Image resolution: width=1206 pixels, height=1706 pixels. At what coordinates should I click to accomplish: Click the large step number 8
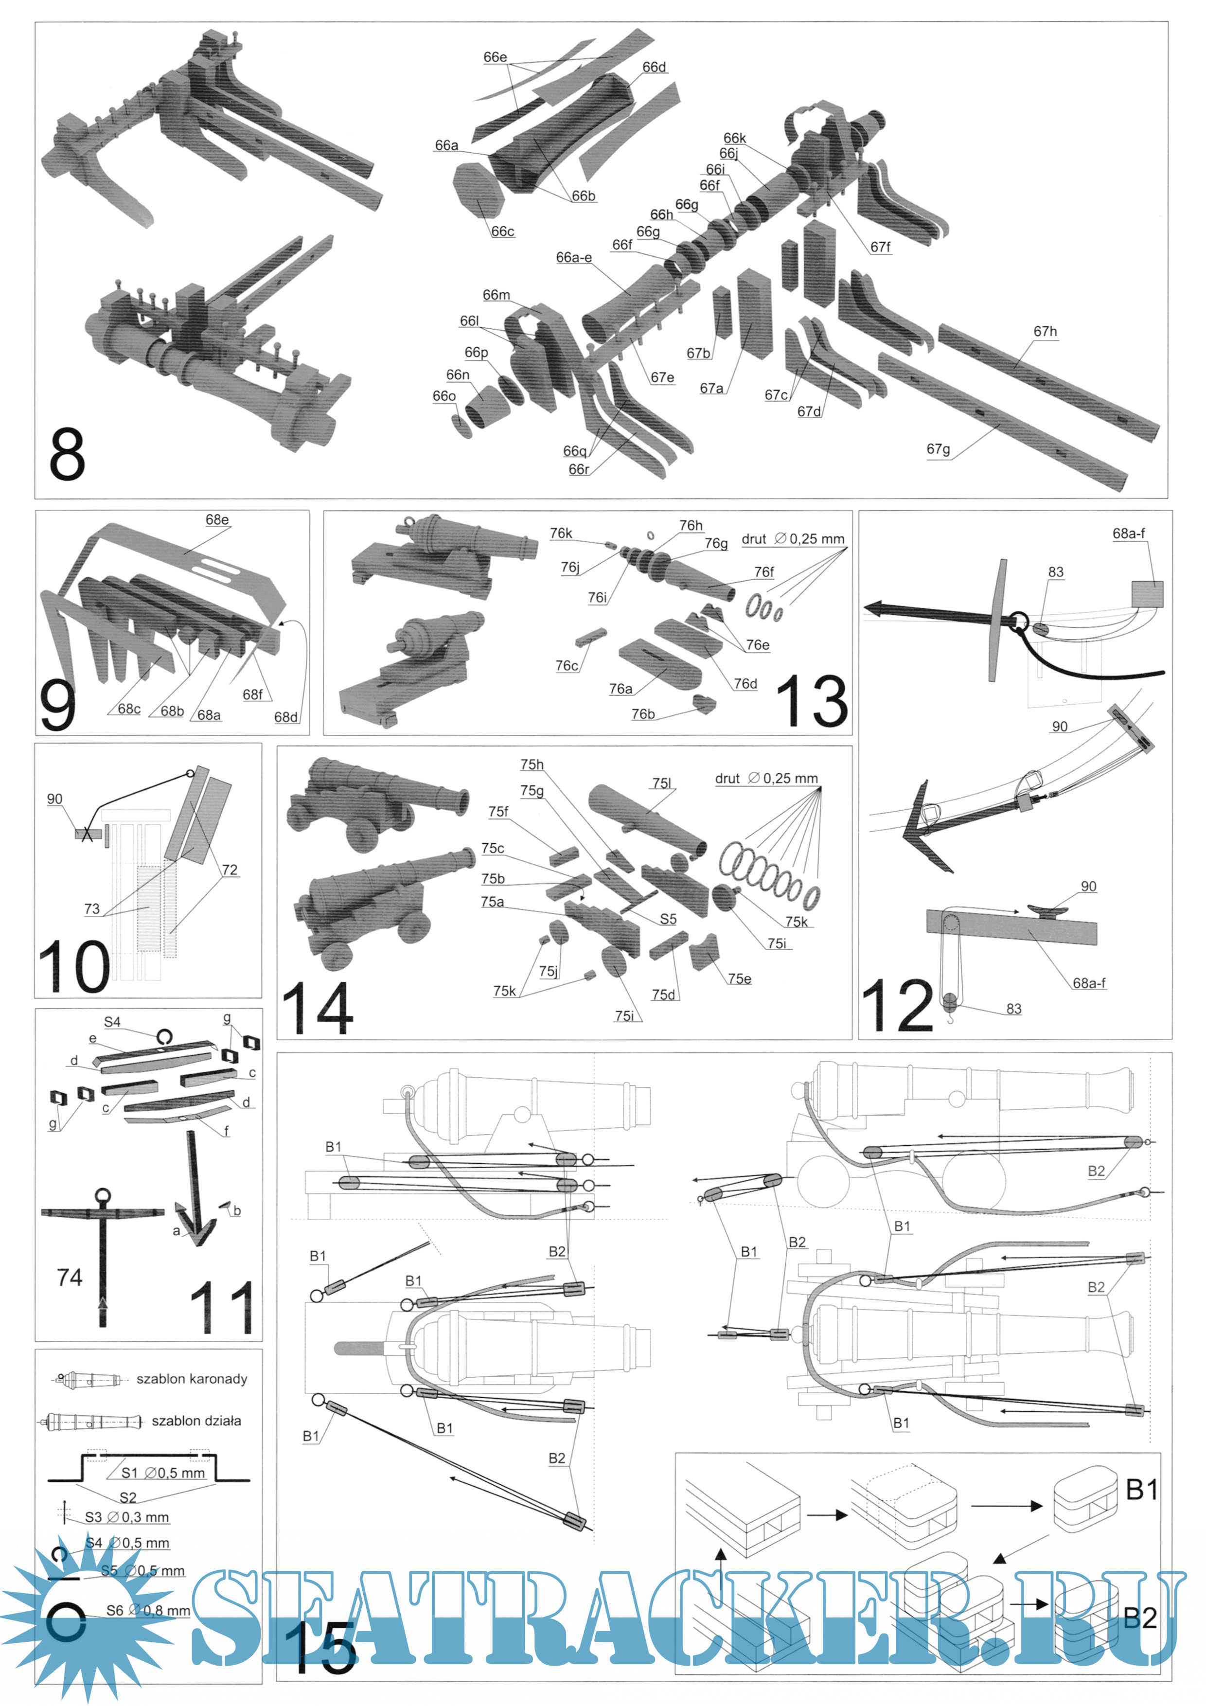(67, 455)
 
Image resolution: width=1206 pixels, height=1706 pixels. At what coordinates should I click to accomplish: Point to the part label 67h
(1045, 331)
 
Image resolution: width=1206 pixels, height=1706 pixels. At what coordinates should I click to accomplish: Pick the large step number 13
(812, 701)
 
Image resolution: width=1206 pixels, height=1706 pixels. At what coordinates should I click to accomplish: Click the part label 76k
(561, 533)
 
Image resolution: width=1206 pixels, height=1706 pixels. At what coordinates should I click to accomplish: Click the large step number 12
(897, 1005)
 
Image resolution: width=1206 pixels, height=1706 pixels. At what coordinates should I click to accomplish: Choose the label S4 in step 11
(112, 1022)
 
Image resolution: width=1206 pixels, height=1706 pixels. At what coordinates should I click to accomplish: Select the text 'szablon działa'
(196, 1421)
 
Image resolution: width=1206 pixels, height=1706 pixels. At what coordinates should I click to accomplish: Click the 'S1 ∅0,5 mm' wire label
(163, 1473)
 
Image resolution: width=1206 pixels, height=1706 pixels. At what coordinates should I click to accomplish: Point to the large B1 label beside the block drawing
(1141, 1489)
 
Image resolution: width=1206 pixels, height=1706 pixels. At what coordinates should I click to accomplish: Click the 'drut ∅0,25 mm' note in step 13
(793, 539)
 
